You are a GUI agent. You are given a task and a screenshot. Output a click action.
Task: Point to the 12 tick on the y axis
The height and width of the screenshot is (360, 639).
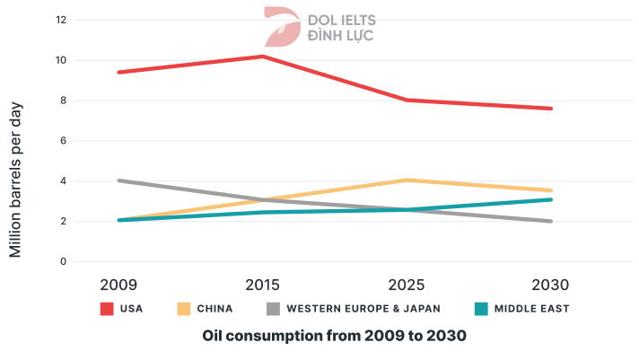(62, 20)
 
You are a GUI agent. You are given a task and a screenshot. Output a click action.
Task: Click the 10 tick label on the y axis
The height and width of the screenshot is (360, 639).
(62, 60)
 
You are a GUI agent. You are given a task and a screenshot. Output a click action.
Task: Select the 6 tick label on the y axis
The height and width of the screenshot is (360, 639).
(62, 141)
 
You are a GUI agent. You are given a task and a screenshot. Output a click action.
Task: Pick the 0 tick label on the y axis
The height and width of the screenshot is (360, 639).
(62, 262)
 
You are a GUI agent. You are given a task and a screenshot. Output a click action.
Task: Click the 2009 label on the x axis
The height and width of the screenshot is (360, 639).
(118, 285)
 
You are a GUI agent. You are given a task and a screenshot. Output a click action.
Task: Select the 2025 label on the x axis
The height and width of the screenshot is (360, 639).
(407, 285)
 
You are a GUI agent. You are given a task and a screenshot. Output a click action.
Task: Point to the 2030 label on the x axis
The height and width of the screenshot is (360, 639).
(550, 285)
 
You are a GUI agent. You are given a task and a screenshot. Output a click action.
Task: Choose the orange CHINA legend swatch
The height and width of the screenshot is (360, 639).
(182, 309)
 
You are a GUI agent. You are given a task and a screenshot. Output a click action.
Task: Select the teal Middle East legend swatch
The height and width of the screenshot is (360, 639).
(480, 309)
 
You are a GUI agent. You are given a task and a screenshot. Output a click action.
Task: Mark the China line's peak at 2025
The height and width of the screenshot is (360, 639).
(407, 180)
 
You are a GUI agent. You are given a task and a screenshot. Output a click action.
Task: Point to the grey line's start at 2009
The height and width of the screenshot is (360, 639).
(119, 180)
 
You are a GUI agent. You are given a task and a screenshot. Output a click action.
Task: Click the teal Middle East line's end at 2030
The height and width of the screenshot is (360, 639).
(550, 199)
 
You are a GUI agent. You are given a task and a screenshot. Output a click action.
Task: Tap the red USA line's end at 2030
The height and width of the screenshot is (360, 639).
(550, 109)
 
